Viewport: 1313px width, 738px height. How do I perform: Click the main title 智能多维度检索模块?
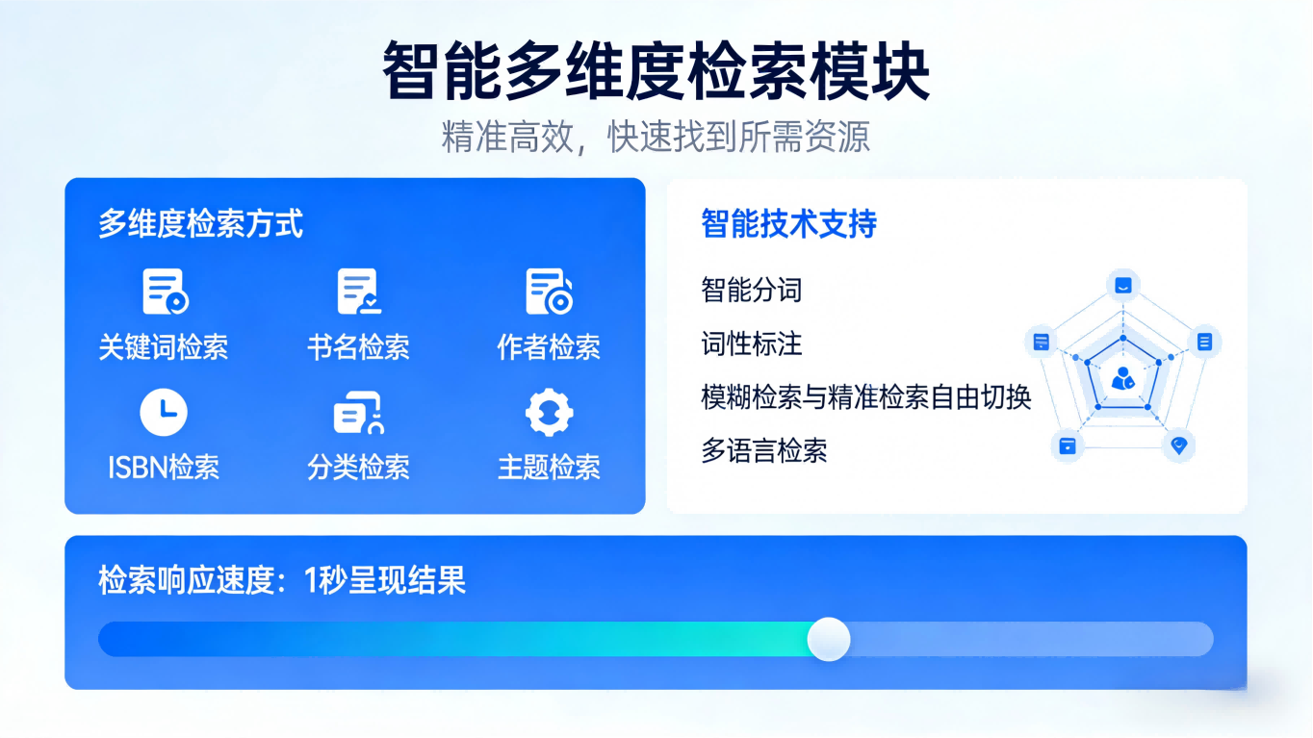point(656,71)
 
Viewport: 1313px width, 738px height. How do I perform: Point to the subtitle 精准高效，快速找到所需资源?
point(656,137)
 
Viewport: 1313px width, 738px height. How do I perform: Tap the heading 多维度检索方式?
point(200,224)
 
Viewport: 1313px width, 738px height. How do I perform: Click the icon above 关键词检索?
point(165,292)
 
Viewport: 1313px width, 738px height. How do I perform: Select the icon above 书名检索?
point(358,292)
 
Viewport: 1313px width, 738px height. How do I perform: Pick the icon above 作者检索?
point(549,292)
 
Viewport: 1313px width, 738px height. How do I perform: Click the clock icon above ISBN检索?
point(164,413)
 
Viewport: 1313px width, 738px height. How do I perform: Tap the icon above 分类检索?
point(358,414)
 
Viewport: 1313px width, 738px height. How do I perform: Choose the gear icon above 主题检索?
point(549,413)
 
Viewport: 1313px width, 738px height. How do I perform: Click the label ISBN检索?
point(164,468)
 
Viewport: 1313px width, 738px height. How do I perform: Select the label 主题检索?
point(549,468)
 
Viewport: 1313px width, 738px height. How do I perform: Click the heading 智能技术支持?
point(788,224)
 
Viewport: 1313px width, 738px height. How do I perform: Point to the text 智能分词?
point(751,290)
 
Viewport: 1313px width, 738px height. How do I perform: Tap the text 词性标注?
point(751,344)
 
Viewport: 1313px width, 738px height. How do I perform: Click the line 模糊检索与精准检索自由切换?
point(865,396)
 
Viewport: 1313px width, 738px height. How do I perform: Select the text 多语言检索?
point(763,450)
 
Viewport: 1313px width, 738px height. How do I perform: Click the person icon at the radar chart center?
point(1122,378)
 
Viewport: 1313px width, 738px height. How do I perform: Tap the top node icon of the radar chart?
point(1122,286)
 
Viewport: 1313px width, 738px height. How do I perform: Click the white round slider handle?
point(828,639)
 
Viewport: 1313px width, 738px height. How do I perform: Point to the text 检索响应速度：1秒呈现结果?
point(282,581)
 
